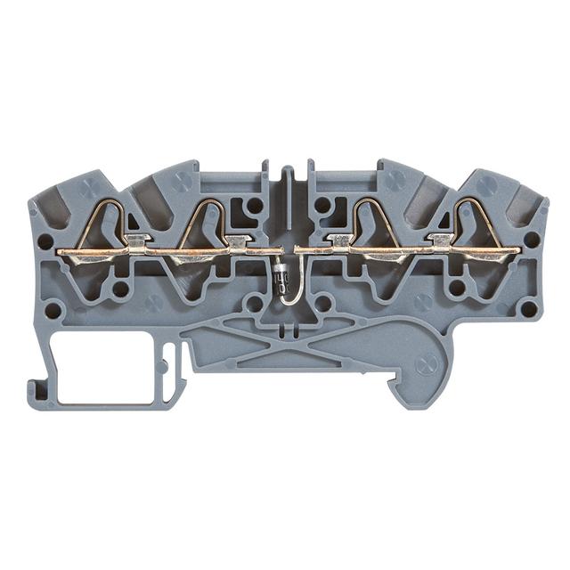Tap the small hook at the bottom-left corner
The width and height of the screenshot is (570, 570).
[37, 389]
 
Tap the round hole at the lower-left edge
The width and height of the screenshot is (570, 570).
[53, 310]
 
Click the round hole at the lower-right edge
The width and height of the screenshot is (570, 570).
[528, 309]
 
